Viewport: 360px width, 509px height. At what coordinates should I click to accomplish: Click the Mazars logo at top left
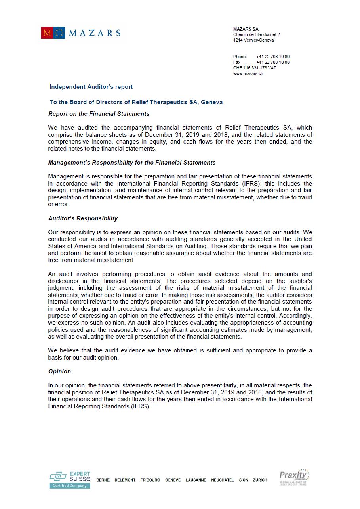click(80, 33)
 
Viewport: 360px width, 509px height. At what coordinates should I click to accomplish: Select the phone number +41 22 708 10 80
click(272, 57)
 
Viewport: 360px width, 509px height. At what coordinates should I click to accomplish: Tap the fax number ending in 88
click(272, 62)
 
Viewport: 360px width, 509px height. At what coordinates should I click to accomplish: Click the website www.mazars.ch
click(248, 73)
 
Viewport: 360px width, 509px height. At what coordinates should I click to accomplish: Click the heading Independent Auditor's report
click(91, 87)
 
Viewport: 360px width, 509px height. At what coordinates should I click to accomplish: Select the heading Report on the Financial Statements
click(99, 114)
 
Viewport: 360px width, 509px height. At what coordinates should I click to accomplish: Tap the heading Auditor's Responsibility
click(83, 218)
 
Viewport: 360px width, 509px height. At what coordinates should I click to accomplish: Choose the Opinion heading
click(59, 371)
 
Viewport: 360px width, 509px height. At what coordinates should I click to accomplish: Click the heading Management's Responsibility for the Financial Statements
click(132, 163)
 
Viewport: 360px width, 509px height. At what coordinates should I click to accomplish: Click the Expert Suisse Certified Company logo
click(70, 480)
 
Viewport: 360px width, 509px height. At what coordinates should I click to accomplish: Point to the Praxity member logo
click(294, 477)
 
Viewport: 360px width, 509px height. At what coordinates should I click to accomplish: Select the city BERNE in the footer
click(103, 480)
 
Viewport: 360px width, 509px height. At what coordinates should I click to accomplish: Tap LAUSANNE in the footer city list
click(196, 480)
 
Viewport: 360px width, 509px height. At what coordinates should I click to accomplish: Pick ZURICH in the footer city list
click(260, 480)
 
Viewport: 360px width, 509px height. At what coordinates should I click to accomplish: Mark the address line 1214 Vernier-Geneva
click(253, 40)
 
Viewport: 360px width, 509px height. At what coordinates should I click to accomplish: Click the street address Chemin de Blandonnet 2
click(256, 34)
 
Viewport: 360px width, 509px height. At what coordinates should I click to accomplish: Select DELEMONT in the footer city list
click(125, 480)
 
